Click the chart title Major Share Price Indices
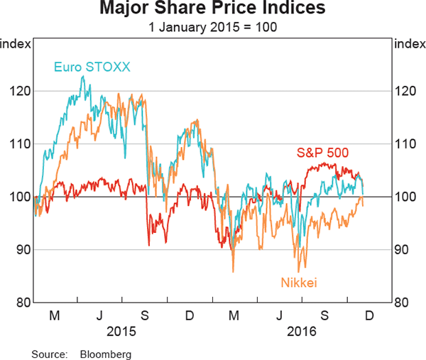tap(212, 9)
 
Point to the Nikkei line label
tap(299, 283)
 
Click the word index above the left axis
tap(16, 44)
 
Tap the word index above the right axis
tap(408, 44)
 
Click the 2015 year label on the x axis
tap(121, 330)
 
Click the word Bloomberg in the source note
tap(105, 353)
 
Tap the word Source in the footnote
tap(48, 353)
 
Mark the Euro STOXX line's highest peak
tap(82, 77)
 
